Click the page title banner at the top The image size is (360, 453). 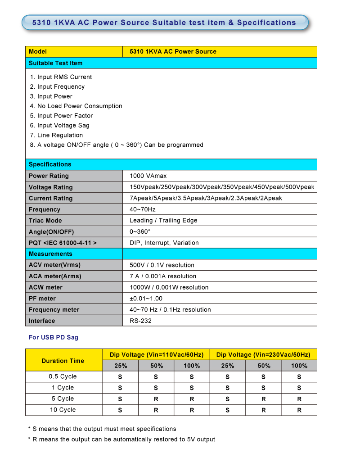[165, 23]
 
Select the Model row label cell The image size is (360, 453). [74, 52]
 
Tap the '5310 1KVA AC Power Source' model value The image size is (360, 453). [173, 52]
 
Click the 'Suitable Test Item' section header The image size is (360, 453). [56, 63]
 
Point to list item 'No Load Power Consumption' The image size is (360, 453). [79, 106]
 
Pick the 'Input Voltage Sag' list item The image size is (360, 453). [63, 126]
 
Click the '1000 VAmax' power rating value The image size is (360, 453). [148, 176]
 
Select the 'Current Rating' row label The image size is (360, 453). [50, 198]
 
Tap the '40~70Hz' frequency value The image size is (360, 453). [143, 209]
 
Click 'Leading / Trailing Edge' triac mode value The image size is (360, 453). [163, 221]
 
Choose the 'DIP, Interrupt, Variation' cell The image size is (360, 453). [164, 243]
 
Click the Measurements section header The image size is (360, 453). [50, 254]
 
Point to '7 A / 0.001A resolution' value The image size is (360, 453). [163, 276]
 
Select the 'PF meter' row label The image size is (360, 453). [42, 299]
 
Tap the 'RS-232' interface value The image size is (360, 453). [140, 321]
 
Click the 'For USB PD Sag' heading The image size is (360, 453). [53, 337]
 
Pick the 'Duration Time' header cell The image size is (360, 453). [63, 361]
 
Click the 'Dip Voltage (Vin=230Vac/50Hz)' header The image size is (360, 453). [263, 355]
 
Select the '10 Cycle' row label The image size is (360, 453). [63, 410]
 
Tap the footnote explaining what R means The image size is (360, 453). [121, 439]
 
